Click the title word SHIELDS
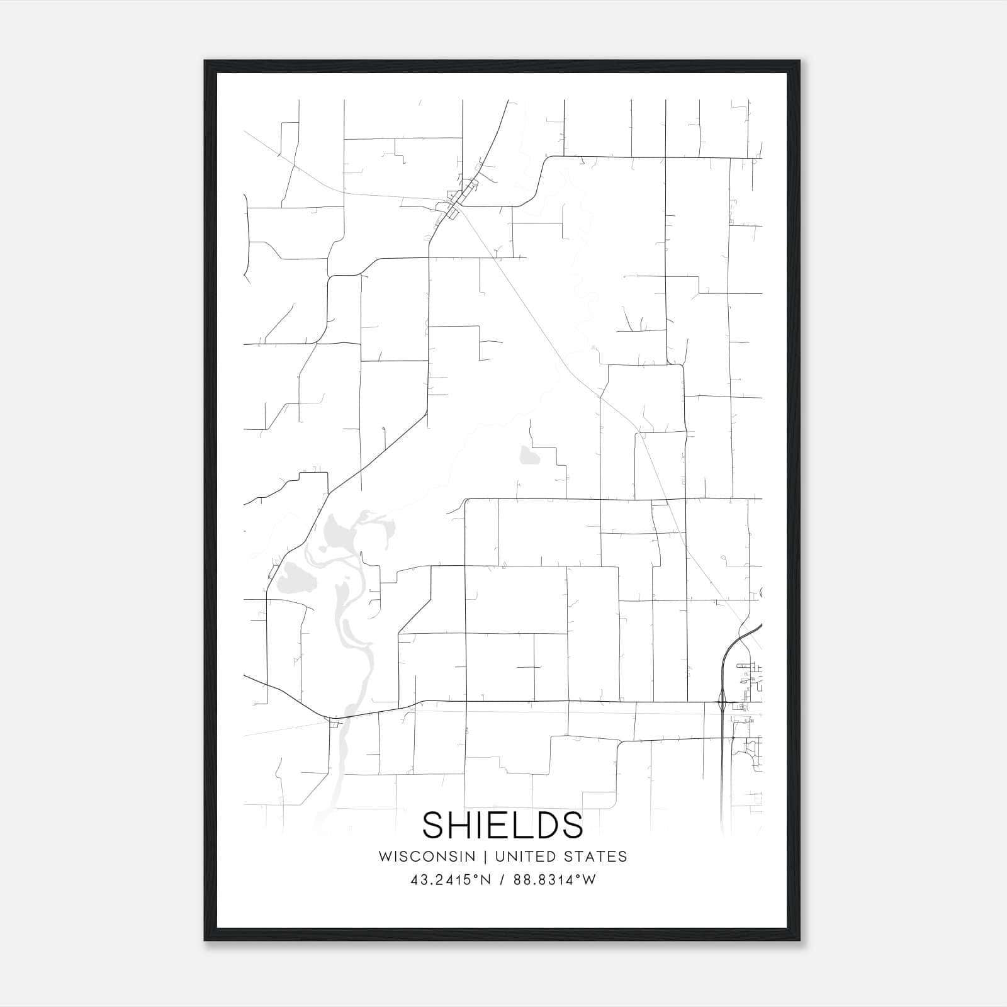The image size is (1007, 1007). [x=502, y=824]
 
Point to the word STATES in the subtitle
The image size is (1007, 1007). [x=595, y=857]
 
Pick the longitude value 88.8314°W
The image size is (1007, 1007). [x=554, y=880]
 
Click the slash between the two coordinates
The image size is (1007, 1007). [x=502, y=880]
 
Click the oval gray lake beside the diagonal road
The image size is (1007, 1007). [x=291, y=573]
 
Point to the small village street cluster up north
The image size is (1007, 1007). [x=458, y=200]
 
